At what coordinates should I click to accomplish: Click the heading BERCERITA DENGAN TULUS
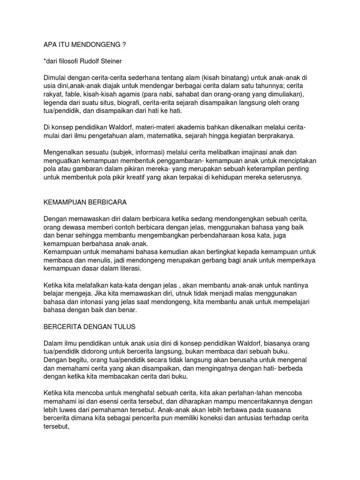pos(89,327)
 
